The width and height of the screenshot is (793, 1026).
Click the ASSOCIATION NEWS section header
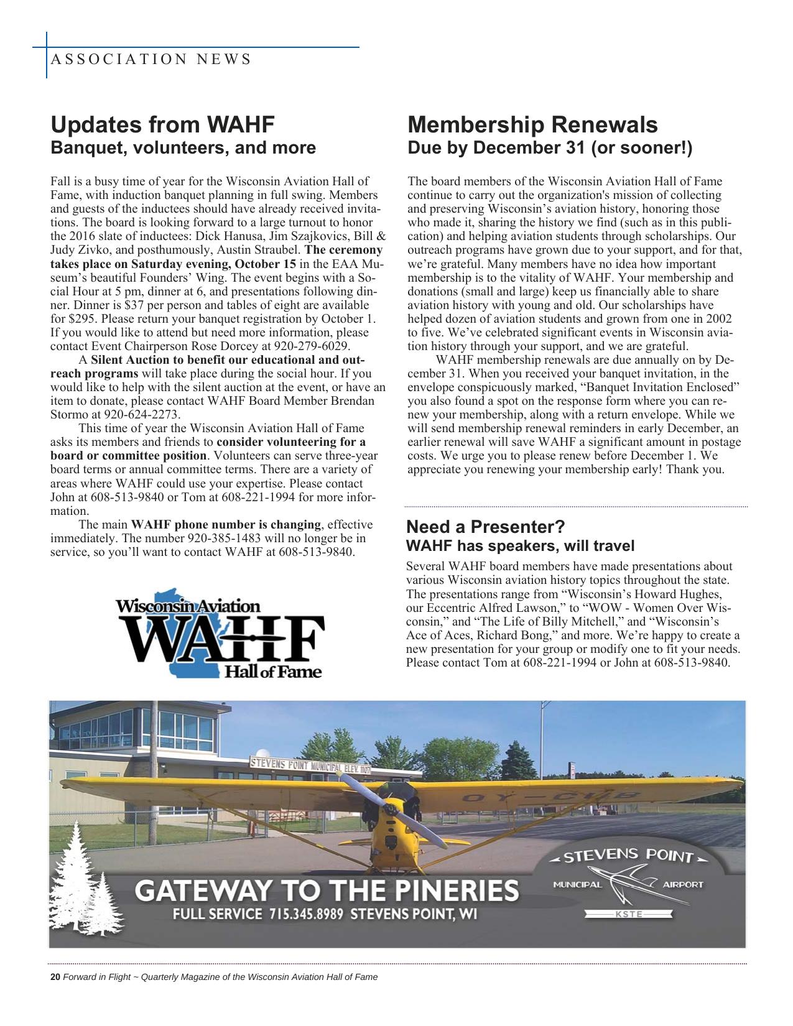(150, 60)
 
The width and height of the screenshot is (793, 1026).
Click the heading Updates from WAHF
(162, 124)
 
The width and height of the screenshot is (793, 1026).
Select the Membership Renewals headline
(532, 124)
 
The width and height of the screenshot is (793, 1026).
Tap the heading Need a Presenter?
(485, 527)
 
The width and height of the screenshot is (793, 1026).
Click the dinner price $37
(134, 305)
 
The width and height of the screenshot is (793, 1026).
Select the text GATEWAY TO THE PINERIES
(327, 890)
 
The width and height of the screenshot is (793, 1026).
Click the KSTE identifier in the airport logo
(629, 914)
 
